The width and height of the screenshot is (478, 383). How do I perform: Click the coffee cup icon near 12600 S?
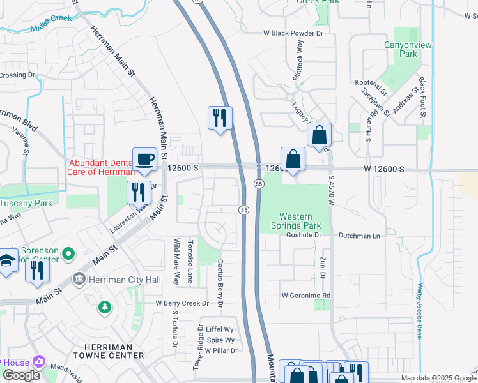click(144, 160)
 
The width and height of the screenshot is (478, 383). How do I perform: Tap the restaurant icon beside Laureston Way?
click(139, 191)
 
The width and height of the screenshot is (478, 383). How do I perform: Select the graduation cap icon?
click(7, 262)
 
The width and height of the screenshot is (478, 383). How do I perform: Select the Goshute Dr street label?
click(303, 235)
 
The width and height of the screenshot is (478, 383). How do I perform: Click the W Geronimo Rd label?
click(306, 296)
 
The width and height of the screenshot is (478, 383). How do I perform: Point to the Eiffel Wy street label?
click(220, 330)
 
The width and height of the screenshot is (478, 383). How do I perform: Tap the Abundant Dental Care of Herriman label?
click(102, 167)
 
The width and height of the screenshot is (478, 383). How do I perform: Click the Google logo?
click(21, 375)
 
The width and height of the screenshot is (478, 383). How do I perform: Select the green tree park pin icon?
click(104, 308)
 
